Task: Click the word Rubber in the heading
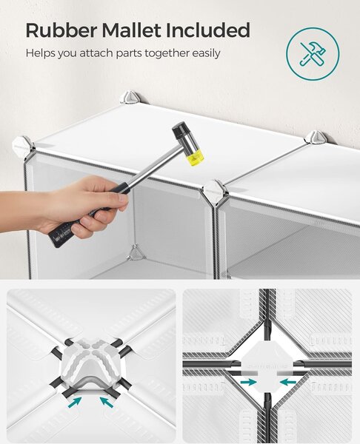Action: [x=61, y=30]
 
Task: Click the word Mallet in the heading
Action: [x=132, y=30]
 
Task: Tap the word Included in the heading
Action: [x=208, y=30]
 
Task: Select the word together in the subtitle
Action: [x=167, y=53]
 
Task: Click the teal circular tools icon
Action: [x=313, y=54]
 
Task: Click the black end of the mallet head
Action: [x=180, y=130]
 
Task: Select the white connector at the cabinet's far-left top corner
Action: [x=23, y=146]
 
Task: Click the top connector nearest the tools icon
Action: [x=316, y=138]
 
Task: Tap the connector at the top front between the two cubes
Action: [x=216, y=190]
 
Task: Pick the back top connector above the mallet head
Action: [x=130, y=97]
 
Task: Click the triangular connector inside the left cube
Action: [x=136, y=252]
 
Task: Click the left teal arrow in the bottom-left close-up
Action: [x=75, y=402]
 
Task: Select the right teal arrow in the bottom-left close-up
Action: [x=107, y=402]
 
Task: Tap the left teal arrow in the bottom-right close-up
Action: [x=249, y=383]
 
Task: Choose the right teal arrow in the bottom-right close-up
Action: [x=288, y=383]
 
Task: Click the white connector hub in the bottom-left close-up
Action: [x=92, y=360]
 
